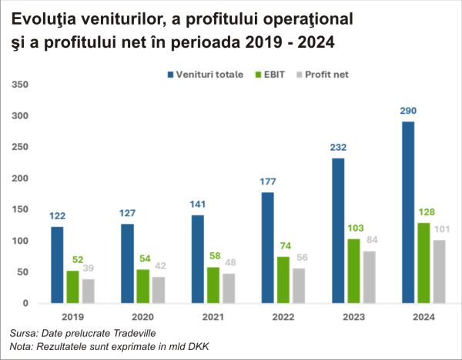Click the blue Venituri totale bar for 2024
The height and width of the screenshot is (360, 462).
click(408, 212)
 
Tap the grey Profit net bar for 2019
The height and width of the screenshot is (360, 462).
click(89, 291)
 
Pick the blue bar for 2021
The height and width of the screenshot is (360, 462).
click(198, 259)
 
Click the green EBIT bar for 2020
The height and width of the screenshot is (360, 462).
click(142, 286)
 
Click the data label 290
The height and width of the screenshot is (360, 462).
click(408, 111)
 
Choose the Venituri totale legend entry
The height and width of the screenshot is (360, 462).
click(205, 74)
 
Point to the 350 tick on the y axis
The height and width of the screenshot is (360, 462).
click(21, 84)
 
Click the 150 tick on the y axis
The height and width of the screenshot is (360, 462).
click(21, 209)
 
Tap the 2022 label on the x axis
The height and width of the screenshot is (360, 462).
click(283, 317)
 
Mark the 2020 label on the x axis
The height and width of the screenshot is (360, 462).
click(143, 317)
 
